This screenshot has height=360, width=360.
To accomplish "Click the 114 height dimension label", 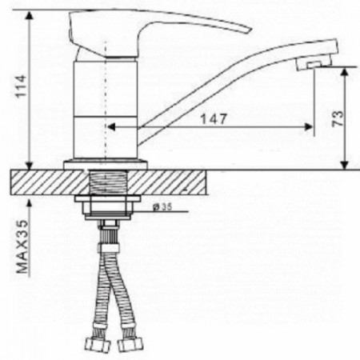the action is point(22,86).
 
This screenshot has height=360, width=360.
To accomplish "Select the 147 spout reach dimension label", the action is point(214,119).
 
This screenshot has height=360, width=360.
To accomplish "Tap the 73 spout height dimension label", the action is point(337,118).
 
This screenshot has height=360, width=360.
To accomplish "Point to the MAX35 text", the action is point(22,246).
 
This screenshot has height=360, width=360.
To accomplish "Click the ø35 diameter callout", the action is point(162,206).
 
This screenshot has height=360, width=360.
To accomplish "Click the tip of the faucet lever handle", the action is point(250,30).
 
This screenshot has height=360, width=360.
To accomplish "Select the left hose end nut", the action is point(98,346).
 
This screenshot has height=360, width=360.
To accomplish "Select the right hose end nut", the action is point(130,345).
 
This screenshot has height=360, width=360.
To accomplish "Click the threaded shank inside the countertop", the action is point(106,182).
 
